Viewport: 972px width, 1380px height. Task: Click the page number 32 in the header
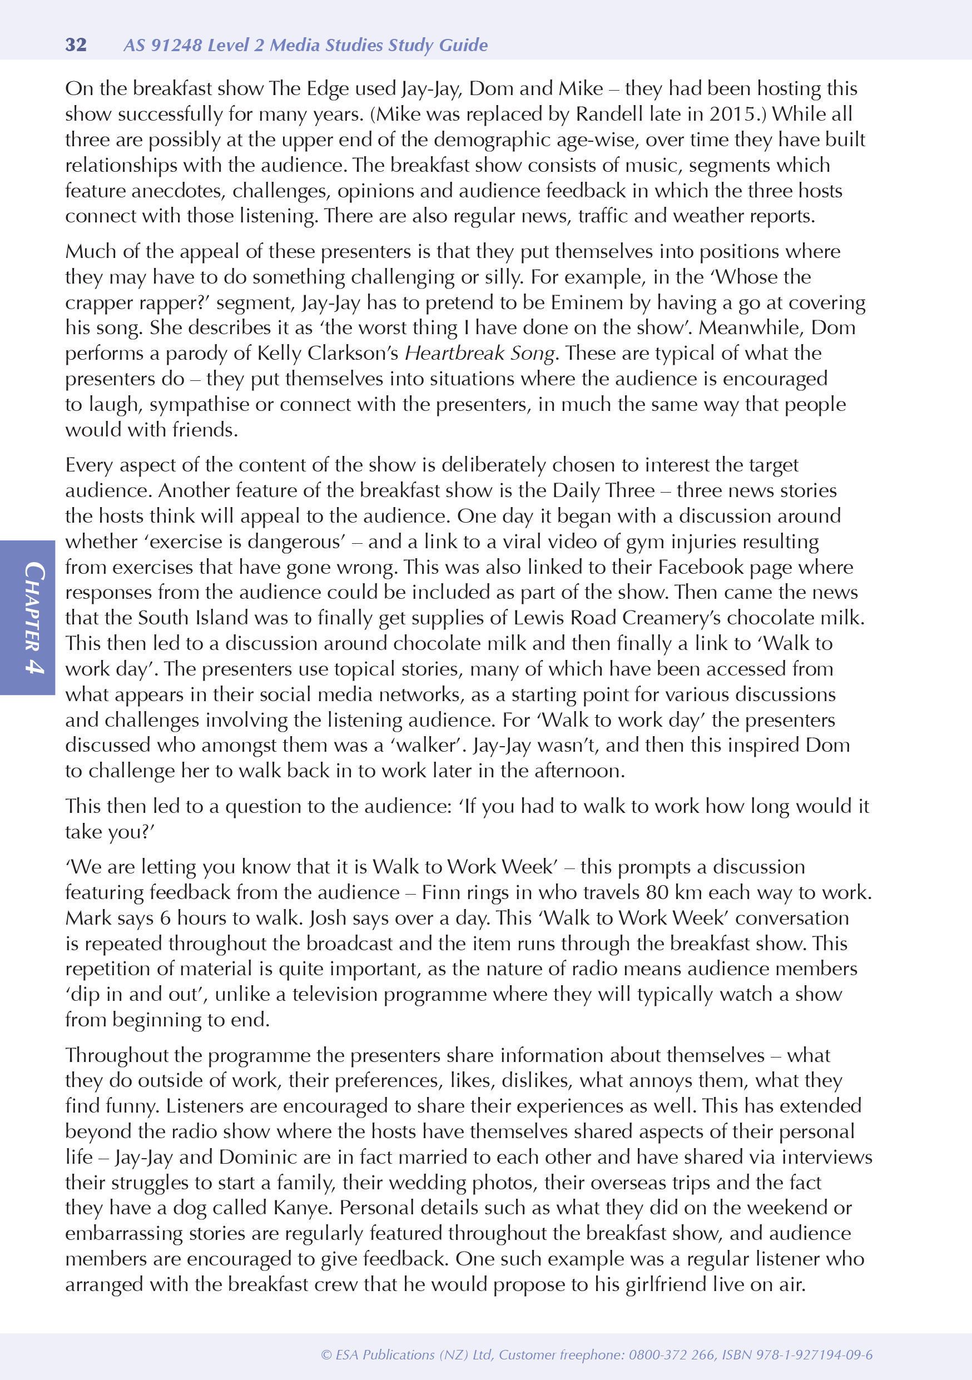pyautogui.click(x=76, y=45)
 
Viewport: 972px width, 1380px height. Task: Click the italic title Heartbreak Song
pyautogui.click(x=479, y=353)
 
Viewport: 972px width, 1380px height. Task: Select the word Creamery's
pyautogui.click(x=671, y=618)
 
